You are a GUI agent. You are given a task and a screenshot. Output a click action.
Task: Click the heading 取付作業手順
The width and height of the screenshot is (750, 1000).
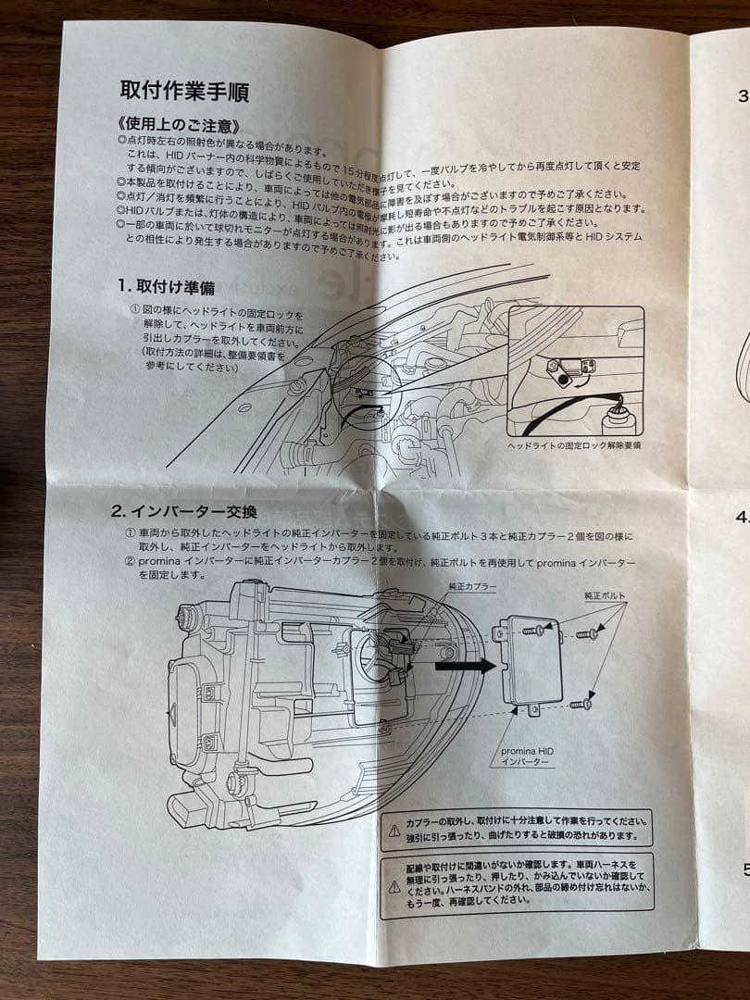click(x=183, y=92)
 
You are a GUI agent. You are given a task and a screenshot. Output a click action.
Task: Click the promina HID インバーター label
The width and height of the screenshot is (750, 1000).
click(x=526, y=756)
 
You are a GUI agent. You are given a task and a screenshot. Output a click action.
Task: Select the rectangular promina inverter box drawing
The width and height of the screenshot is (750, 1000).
click(x=531, y=659)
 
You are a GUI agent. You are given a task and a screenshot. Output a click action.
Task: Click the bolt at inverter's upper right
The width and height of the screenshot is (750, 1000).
click(x=587, y=634)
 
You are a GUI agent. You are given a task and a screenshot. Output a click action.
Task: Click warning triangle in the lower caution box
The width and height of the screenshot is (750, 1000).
click(x=394, y=886)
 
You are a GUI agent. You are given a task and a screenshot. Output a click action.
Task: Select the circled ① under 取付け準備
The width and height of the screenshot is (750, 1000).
click(x=135, y=314)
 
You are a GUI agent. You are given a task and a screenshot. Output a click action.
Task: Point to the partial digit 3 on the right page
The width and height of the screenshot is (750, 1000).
click(x=743, y=94)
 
